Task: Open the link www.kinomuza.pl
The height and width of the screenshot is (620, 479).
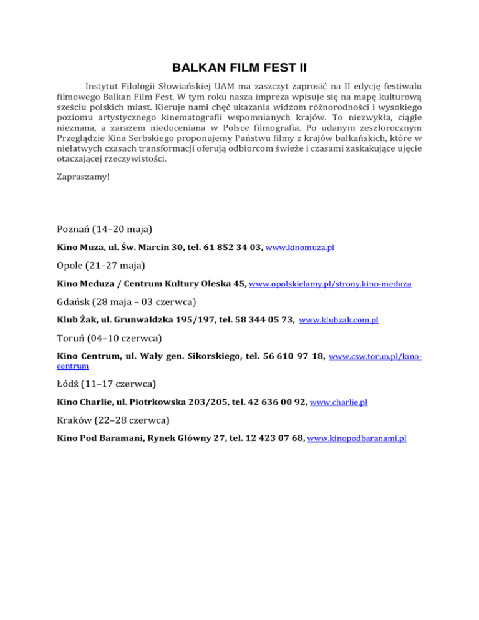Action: (300, 248)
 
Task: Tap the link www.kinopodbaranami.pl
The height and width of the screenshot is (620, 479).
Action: (357, 438)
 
